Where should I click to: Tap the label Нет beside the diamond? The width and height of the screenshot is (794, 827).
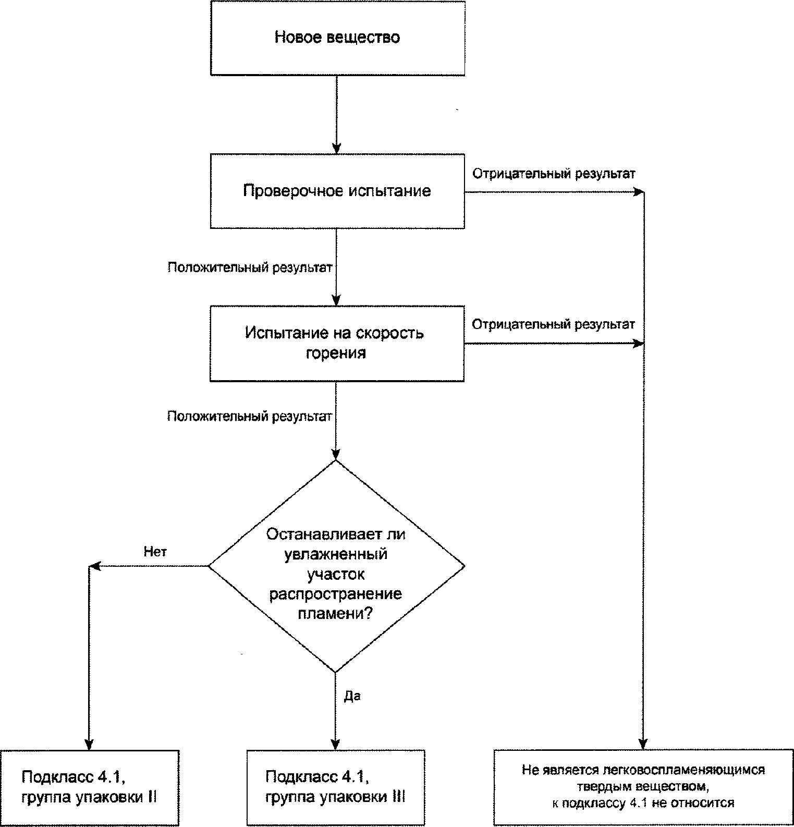coord(155,552)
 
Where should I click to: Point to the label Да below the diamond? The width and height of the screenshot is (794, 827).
coord(352,696)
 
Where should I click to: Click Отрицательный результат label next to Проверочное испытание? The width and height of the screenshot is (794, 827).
coord(554,174)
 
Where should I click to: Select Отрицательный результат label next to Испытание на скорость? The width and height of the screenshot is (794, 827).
coord(553,324)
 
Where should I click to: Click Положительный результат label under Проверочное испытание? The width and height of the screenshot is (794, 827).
coord(250,267)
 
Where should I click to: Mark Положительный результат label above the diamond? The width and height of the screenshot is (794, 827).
coord(249,417)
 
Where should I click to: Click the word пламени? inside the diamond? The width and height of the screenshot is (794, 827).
coord(335,614)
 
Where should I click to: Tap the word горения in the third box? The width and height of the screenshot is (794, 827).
coord(336,354)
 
